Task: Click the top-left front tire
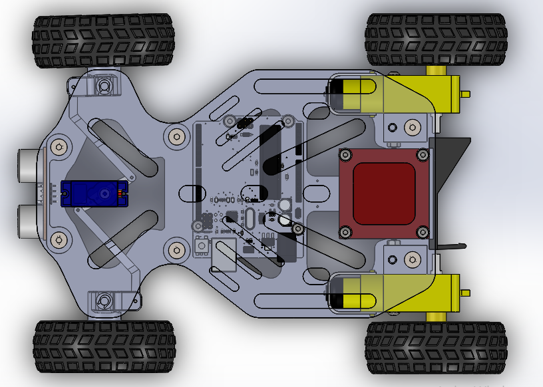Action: pos(104,41)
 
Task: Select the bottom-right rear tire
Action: pos(436,348)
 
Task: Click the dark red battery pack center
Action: pos(384,193)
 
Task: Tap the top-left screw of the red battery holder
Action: pos(345,155)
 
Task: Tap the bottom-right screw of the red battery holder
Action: pos(423,231)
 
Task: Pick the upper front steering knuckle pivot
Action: pos(104,86)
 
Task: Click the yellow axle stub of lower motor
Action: pos(437,317)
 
